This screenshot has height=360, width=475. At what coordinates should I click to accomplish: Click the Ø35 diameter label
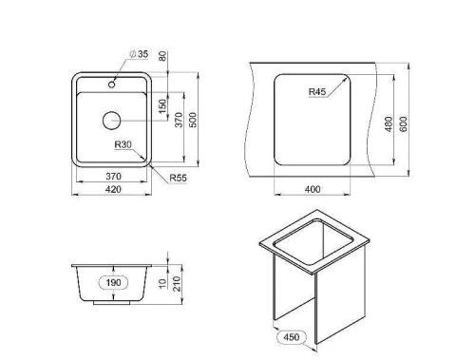(139, 54)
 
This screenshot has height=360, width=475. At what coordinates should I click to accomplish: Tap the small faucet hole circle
(111, 85)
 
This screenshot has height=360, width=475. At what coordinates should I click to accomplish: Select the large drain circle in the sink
(112, 121)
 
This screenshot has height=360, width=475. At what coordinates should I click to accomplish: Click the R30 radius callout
(123, 144)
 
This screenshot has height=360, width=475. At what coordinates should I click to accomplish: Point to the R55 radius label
(179, 178)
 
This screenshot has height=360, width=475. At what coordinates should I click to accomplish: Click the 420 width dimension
(113, 189)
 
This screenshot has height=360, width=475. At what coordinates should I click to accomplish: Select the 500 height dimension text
(193, 120)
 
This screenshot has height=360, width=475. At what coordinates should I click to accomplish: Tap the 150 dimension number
(162, 106)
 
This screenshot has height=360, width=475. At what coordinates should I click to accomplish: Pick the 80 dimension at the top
(162, 56)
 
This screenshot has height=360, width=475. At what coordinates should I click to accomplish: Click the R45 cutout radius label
(317, 92)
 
